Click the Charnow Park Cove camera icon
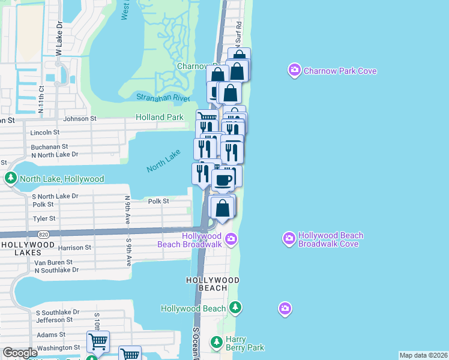(294, 71)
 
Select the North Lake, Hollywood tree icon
(11, 179)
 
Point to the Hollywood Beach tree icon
(236, 308)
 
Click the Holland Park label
(159, 118)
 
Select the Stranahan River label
(163, 98)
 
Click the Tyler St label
(44, 219)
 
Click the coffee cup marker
(224, 179)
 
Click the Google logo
(20, 353)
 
